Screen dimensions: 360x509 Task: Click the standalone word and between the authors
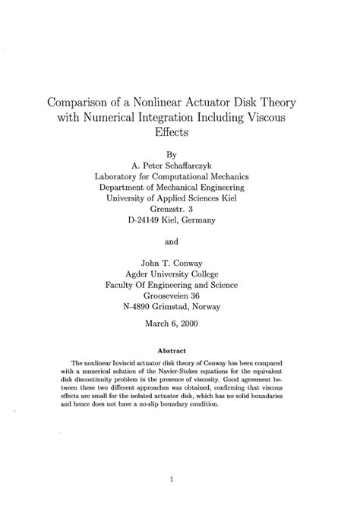tap(181, 244)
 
